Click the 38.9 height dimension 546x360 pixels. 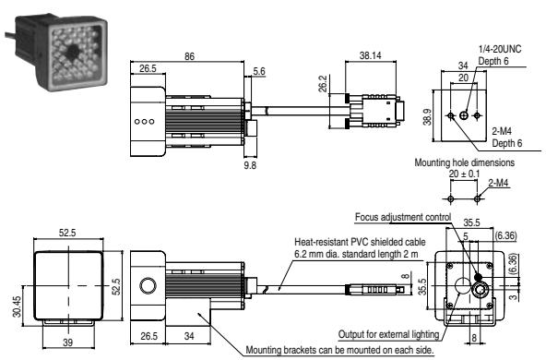[x=427, y=115]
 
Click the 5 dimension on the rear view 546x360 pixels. [x=466, y=236]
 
